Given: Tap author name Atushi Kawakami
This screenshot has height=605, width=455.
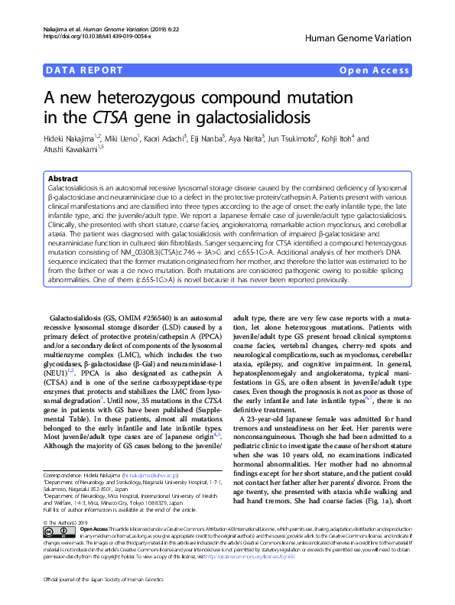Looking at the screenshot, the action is click(x=76, y=149).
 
